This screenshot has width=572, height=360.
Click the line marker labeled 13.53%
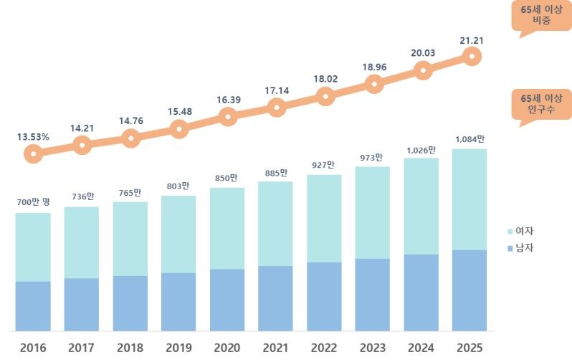point(33,153)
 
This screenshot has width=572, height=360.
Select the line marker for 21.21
point(471,56)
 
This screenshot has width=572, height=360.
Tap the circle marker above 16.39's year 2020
point(227,117)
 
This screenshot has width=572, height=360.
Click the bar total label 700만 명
point(34,203)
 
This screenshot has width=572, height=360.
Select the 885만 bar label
point(275,172)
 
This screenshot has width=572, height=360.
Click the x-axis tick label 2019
point(178,348)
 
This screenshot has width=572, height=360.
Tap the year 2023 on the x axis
point(373,348)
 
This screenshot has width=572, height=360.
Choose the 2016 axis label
point(33,348)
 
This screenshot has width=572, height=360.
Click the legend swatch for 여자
point(510,232)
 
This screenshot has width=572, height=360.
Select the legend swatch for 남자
point(510,248)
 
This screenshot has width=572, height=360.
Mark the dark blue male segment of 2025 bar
point(469,290)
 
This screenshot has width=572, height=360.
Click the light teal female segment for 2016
point(33,247)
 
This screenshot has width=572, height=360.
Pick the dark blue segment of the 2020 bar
point(227,299)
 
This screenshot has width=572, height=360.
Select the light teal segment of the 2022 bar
point(324,218)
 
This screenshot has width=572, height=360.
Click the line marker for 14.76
point(130,138)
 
